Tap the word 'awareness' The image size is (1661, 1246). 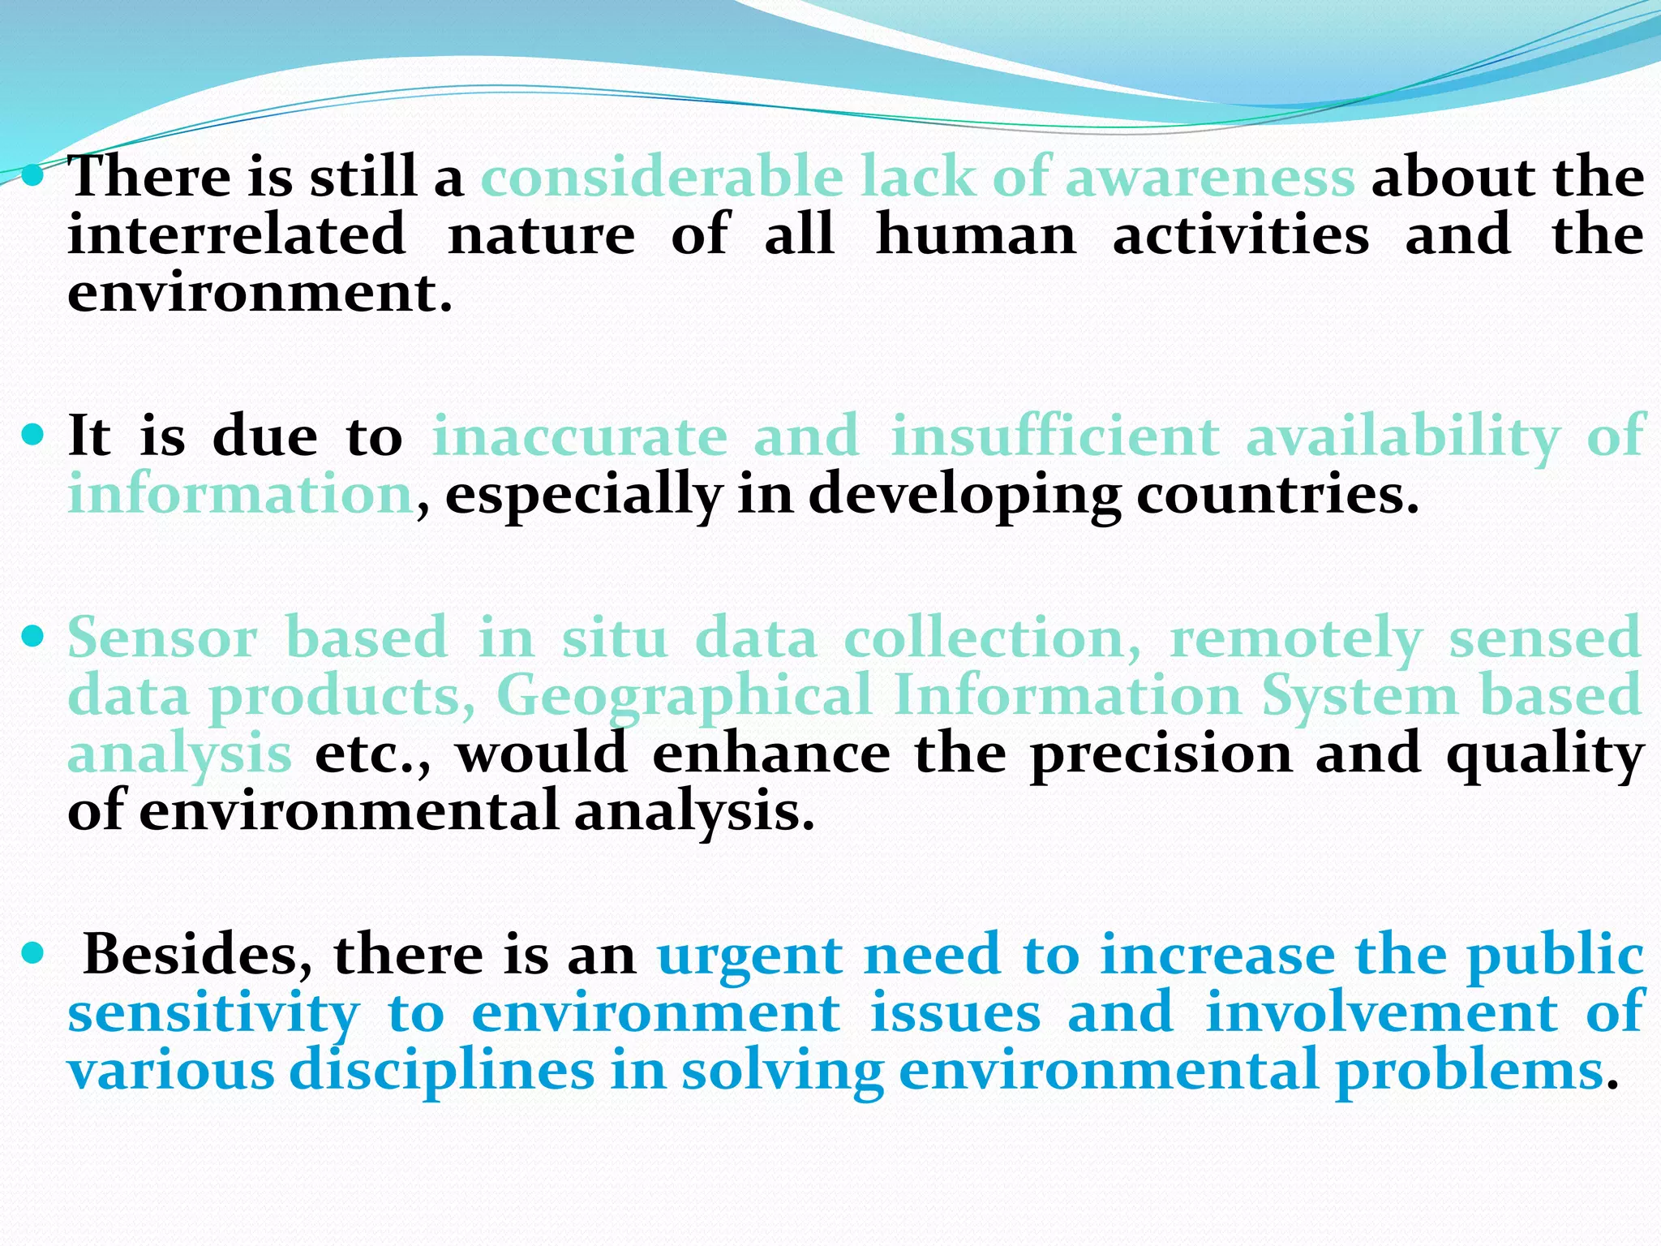pos(1209,177)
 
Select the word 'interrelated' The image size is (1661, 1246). pos(236,235)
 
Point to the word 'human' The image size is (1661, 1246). pos(976,235)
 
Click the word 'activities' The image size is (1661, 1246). pos(1240,235)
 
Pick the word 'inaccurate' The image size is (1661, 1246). pos(580,436)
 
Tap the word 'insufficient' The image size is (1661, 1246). pos(1055,436)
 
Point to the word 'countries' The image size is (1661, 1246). pos(1277,495)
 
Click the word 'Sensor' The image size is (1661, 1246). pos(162,638)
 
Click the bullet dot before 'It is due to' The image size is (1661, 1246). pos(33,436)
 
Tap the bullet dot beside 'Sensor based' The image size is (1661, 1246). pos(33,637)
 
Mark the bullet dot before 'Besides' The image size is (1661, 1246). pos(33,953)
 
